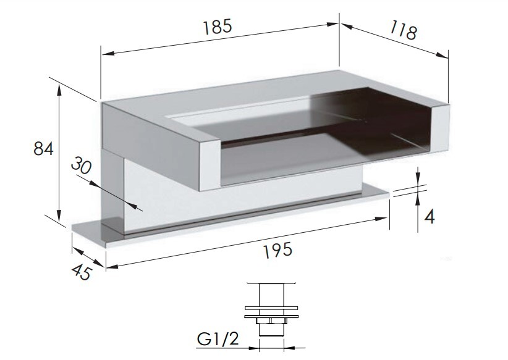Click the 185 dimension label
(218, 27)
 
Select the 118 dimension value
(403, 30)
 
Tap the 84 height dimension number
(43, 149)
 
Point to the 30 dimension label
(82, 165)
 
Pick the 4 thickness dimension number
(429, 217)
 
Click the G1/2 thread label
(218, 339)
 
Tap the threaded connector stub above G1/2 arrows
(271, 330)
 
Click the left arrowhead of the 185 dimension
(107, 54)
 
